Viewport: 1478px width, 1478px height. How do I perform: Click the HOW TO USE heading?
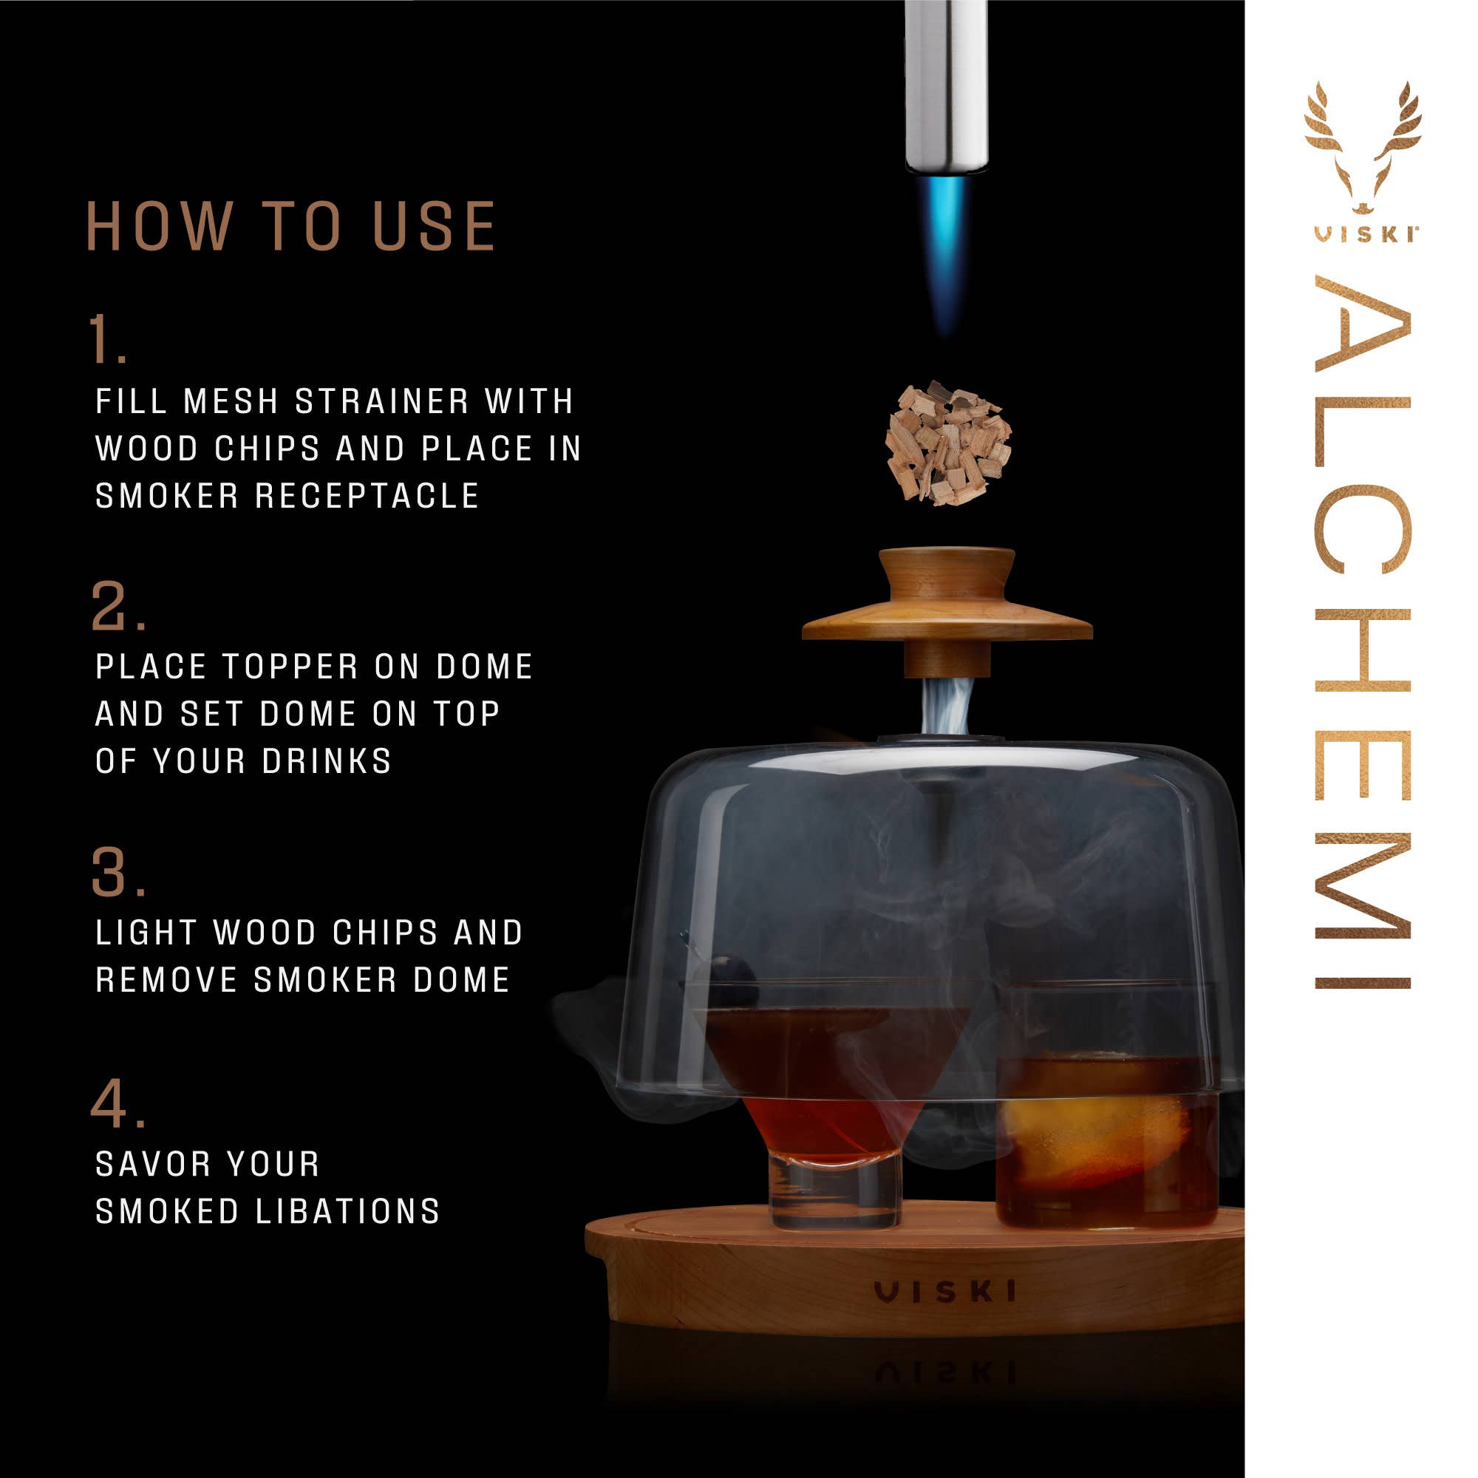point(290,226)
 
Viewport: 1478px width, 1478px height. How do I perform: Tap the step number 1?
point(107,339)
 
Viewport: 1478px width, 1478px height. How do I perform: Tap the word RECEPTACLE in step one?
point(367,496)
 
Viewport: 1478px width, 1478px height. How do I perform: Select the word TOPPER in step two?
point(290,667)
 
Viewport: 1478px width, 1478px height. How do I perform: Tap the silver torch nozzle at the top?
point(947,84)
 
